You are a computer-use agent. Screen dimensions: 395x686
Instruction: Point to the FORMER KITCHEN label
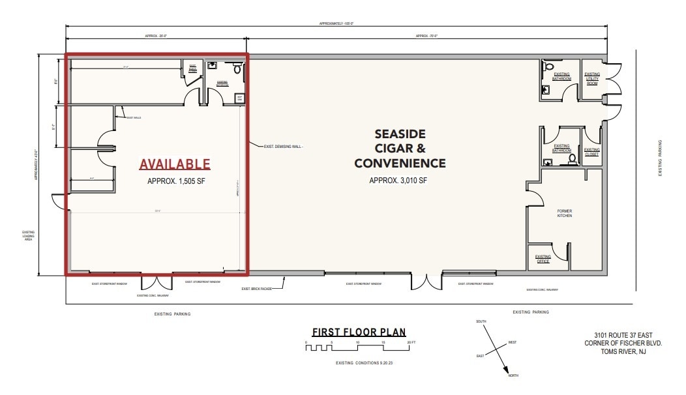[565, 213]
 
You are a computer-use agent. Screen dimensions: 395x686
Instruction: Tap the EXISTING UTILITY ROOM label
[592, 79]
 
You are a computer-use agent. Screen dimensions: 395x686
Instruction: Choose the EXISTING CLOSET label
[592, 153]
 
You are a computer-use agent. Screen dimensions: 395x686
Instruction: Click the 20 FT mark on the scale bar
[410, 342]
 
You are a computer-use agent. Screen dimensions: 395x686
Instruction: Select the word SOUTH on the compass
[482, 321]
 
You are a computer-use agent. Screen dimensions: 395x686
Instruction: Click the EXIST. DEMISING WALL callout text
[284, 146]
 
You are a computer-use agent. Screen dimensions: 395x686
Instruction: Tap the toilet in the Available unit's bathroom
[237, 68]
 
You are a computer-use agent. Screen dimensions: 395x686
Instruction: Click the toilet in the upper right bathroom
[548, 66]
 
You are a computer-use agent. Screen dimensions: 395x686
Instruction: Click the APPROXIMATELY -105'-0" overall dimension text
[336, 23]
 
